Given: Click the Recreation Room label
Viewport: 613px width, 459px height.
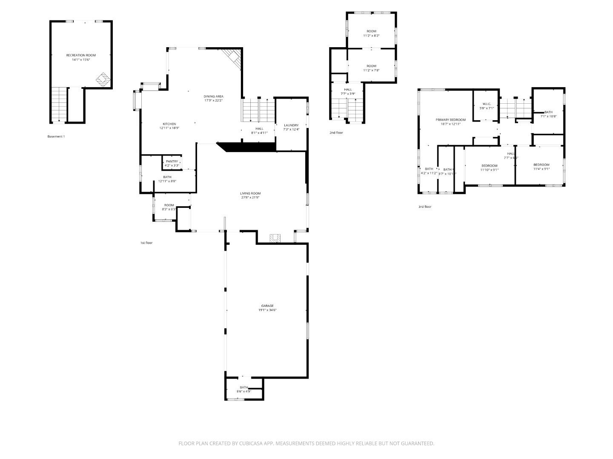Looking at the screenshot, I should coord(81,55).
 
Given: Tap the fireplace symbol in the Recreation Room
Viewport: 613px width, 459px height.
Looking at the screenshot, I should coord(103,79).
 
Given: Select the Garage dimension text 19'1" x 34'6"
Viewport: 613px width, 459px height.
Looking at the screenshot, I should coord(267,310).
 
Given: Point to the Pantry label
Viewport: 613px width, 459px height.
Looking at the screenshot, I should coord(172,161).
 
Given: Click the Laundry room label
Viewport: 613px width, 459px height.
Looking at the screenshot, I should coord(292,125).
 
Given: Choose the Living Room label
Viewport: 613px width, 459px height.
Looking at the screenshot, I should coord(250,193).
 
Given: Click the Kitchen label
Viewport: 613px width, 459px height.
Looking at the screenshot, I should coord(169,124).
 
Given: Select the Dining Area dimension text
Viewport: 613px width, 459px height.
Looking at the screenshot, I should coord(213,101).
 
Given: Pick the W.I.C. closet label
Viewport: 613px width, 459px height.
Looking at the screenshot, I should coord(487,104).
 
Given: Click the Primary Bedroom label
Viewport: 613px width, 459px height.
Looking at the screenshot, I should coord(450,120).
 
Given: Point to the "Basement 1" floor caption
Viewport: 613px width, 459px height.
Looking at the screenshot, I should coord(56,136).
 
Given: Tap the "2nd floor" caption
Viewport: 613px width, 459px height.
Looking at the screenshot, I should coord(336,133).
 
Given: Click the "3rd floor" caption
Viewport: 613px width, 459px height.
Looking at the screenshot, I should coord(425,207).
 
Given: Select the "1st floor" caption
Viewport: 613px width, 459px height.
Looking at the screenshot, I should coord(146,243).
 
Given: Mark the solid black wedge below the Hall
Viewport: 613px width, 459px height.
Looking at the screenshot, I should coord(247,147).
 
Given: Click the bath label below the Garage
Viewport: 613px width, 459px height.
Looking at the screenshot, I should coord(243,387).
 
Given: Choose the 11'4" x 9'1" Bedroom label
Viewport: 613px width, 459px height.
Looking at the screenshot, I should coord(541,165).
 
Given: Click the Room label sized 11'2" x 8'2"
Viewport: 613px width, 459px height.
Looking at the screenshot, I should coord(371,31).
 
